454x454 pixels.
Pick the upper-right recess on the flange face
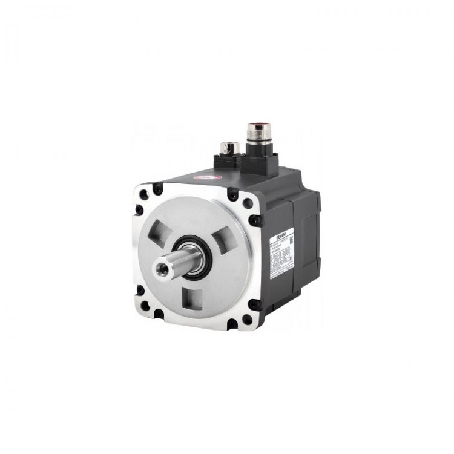click(223, 232)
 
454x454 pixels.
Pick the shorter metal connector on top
click(229, 146)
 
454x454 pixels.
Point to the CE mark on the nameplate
click(292, 258)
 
